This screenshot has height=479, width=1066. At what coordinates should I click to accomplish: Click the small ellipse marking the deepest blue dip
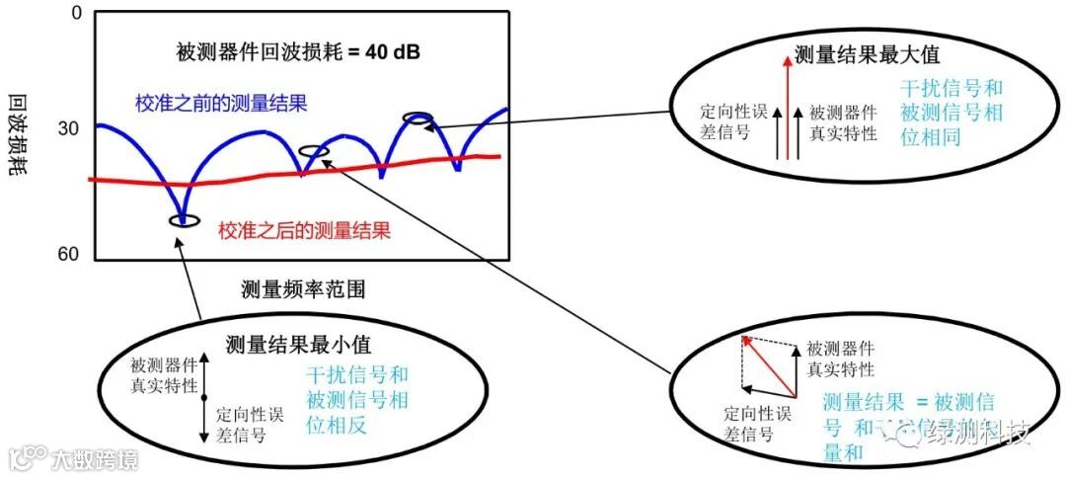(184, 219)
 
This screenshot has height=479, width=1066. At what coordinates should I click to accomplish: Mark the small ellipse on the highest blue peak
(419, 119)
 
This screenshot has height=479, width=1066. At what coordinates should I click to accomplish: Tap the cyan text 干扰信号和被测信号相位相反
(357, 400)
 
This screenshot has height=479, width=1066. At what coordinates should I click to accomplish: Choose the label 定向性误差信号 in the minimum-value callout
(254, 423)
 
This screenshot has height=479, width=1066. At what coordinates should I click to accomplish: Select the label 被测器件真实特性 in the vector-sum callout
(840, 359)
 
